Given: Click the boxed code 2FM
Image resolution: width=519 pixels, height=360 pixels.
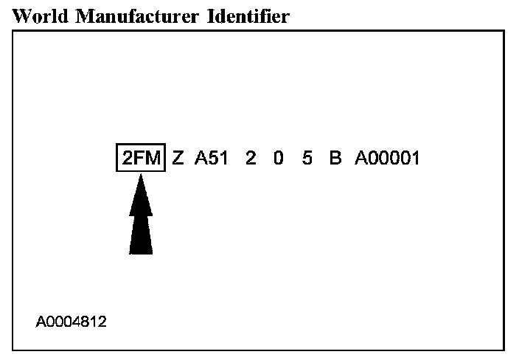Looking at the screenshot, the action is pyautogui.click(x=140, y=158).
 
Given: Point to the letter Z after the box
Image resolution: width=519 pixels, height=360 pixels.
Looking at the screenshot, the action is pyautogui.click(x=178, y=158).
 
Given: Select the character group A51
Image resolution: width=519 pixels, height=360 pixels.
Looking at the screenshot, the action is pyautogui.click(x=212, y=158).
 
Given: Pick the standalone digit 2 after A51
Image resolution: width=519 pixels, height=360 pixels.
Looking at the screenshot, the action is pyautogui.click(x=251, y=158).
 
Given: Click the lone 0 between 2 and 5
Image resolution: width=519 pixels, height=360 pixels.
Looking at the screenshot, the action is pyautogui.click(x=279, y=158).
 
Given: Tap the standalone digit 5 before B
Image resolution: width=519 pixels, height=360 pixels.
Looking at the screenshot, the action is pyautogui.click(x=307, y=158).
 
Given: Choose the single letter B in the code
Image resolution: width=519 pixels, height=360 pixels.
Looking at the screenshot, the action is pyautogui.click(x=335, y=158).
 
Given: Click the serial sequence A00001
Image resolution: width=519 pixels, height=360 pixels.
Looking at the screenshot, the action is pyautogui.click(x=388, y=158).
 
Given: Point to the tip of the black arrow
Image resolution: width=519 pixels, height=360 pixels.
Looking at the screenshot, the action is pyautogui.click(x=141, y=177).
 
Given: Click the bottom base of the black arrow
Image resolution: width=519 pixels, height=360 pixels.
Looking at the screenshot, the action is pyautogui.click(x=141, y=251).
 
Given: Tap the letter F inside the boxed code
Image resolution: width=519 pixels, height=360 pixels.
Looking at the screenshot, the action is pyautogui.click(x=139, y=158).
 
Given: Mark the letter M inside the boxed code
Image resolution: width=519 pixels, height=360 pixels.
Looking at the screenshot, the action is pyautogui.click(x=152, y=158).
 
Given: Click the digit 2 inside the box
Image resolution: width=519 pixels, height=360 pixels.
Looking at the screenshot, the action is pyautogui.click(x=127, y=158).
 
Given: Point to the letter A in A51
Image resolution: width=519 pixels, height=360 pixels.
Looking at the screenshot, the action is pyautogui.click(x=201, y=158).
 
